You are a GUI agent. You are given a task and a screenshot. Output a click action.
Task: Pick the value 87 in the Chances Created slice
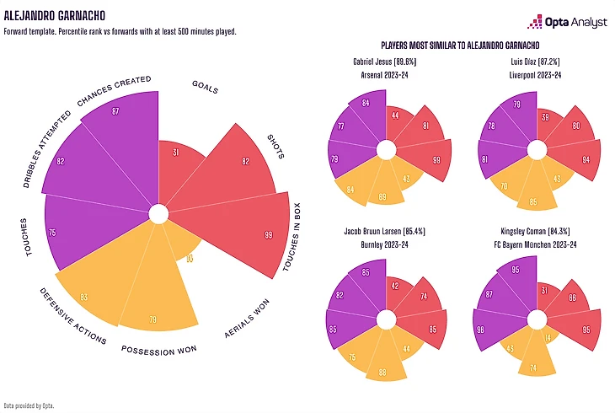click(x=115, y=111)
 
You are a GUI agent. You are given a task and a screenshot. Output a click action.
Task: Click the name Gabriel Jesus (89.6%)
click(x=385, y=63)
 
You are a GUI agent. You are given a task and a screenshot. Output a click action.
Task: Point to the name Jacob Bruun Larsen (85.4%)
click(x=385, y=230)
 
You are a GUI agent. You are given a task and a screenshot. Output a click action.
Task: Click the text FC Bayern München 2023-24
click(x=537, y=244)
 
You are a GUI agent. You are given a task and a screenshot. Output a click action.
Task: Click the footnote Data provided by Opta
click(x=29, y=406)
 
